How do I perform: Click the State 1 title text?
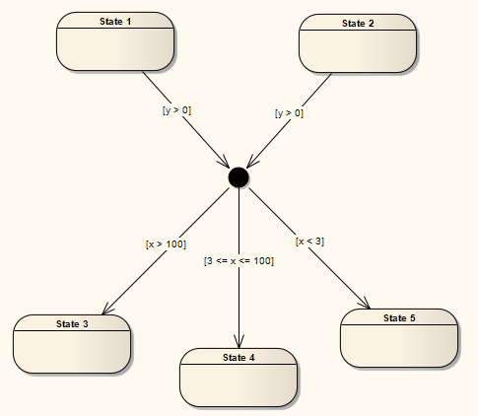coord(115,22)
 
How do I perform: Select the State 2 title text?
coord(358,22)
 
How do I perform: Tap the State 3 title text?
coord(72,323)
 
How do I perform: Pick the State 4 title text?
coord(239,356)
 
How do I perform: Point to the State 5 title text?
coord(399,317)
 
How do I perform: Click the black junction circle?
coord(238,176)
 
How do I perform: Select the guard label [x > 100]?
coord(166,243)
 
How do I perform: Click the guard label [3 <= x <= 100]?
coord(239,260)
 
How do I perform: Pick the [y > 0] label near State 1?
coord(176,110)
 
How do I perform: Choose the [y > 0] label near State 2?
coord(289,113)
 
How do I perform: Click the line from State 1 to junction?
coord(197,129)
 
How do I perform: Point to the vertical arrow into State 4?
coord(239,296)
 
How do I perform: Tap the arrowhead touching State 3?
coord(106,308)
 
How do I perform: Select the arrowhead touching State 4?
coord(239,339)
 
